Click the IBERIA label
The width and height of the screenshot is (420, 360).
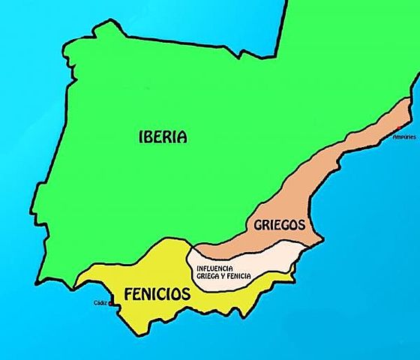[163, 136]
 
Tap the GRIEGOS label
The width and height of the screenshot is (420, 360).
[278, 223]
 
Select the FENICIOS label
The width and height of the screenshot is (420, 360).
[157, 294]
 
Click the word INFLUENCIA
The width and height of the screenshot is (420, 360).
[215, 268]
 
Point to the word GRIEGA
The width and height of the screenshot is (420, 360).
[208, 276]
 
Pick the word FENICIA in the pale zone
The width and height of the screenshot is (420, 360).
[241, 276]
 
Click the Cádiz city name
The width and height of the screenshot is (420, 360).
[100, 303]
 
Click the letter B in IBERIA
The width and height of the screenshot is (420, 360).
[149, 136]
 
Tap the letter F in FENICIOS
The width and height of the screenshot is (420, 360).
[128, 294]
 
